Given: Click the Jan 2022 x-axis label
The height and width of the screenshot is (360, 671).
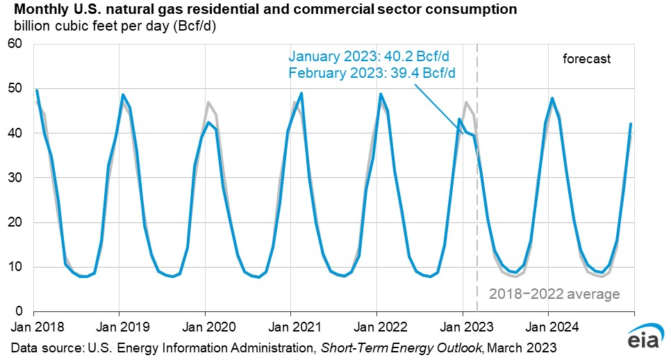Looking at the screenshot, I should click(x=376, y=326).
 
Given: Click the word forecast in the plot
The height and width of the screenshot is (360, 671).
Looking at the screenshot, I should click(x=586, y=59).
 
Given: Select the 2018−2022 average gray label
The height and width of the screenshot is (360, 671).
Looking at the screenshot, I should click(x=554, y=295).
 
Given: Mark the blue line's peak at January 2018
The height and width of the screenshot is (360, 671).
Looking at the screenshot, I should click(x=37, y=90).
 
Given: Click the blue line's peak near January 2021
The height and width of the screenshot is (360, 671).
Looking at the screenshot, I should click(x=301, y=93).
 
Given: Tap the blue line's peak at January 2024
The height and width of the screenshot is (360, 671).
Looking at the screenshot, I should click(x=552, y=98).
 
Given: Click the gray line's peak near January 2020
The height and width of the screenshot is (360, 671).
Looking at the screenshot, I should click(x=208, y=102).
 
